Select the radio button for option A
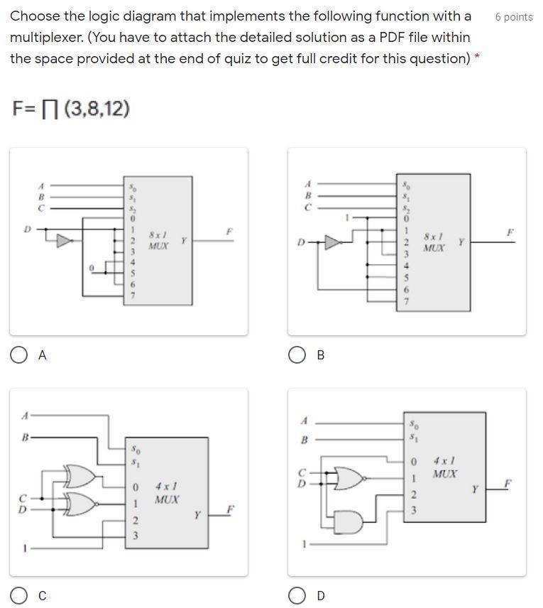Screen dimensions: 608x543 (19, 355)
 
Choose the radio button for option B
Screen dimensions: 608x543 (297, 355)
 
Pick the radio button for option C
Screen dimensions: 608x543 (19, 595)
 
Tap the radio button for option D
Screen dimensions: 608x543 (297, 595)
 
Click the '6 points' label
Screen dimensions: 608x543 (513, 16)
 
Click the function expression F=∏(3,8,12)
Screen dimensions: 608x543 (71, 109)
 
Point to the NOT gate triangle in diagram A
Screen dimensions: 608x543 (65, 241)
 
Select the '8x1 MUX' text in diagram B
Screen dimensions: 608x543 (434, 241)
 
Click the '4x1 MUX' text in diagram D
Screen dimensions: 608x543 (445, 467)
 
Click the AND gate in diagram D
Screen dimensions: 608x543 (353, 522)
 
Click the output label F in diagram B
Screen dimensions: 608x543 (510, 232)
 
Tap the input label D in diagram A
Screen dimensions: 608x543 (27, 229)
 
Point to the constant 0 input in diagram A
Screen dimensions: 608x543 (91, 268)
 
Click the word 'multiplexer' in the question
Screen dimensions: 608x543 (45, 37)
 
